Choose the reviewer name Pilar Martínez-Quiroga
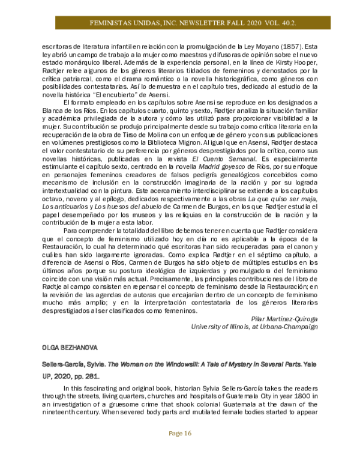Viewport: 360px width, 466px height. pyautogui.click(x=283, y=318)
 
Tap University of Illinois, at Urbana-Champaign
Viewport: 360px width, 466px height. pyautogui.click(x=254, y=327)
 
